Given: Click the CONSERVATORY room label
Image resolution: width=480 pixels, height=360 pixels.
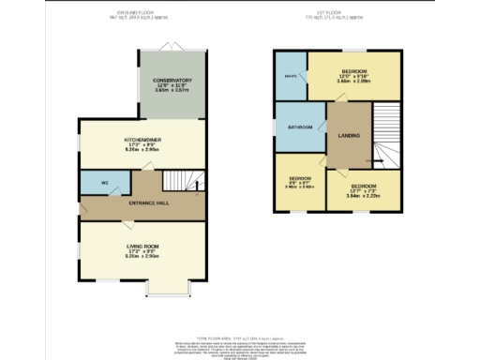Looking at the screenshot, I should (172, 81).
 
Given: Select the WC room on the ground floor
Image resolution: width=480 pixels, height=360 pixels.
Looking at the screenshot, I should (93, 183).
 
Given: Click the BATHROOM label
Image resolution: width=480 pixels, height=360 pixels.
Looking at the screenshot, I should (300, 127).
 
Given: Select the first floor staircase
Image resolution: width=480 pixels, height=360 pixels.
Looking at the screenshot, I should (385, 131).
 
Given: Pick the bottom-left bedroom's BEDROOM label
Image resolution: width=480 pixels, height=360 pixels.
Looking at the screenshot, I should (300, 178).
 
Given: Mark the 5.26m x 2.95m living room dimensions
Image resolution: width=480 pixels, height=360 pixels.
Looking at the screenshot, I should (142, 256).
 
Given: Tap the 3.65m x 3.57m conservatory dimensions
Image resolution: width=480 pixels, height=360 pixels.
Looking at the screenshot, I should (172, 92).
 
